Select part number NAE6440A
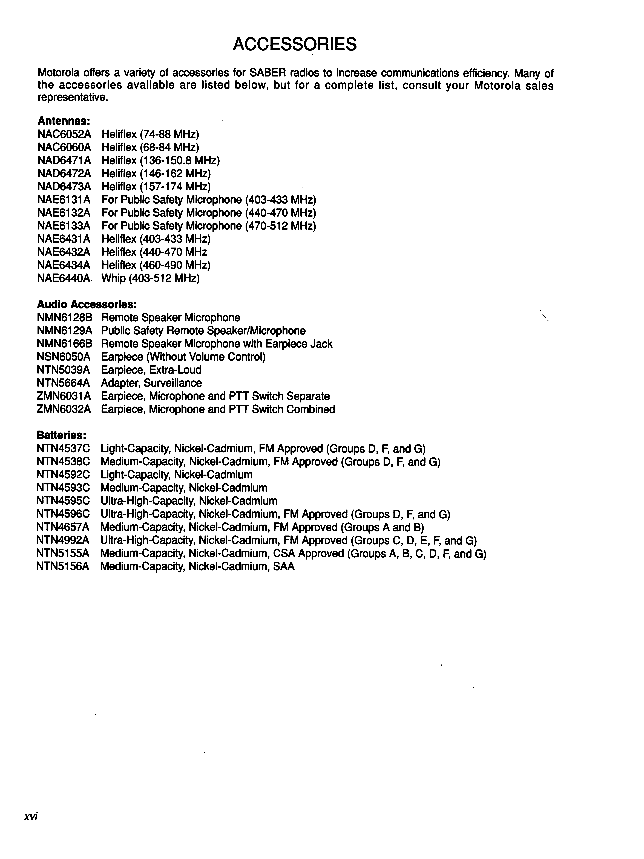click(x=64, y=278)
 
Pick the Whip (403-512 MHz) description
click(x=150, y=278)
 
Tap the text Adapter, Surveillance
click(x=151, y=383)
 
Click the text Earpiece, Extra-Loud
click(x=151, y=370)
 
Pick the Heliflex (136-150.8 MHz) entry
click(x=160, y=160)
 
